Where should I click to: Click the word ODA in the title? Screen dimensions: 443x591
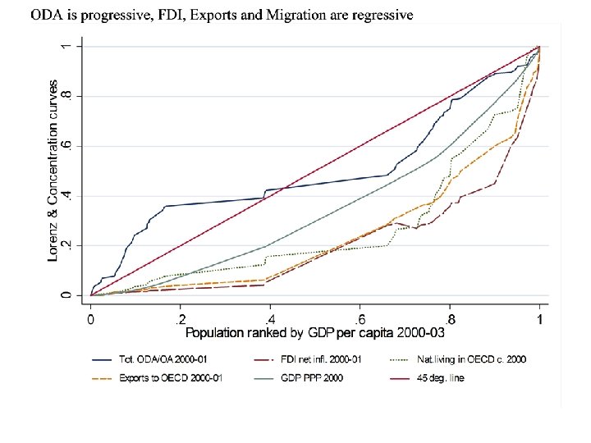pos(46,15)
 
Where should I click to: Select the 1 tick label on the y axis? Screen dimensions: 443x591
pos(71,46)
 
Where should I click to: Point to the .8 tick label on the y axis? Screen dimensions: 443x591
pos(71,96)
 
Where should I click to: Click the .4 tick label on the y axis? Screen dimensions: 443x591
pos(71,195)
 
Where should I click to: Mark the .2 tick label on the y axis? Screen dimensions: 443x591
pos(71,245)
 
